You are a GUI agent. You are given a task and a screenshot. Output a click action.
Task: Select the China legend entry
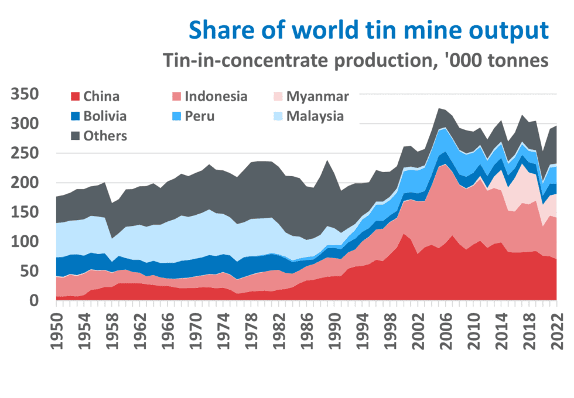click(x=95, y=97)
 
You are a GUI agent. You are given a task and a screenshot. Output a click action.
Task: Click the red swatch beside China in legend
click(x=75, y=97)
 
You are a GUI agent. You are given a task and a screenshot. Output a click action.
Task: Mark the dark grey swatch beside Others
click(x=75, y=136)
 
